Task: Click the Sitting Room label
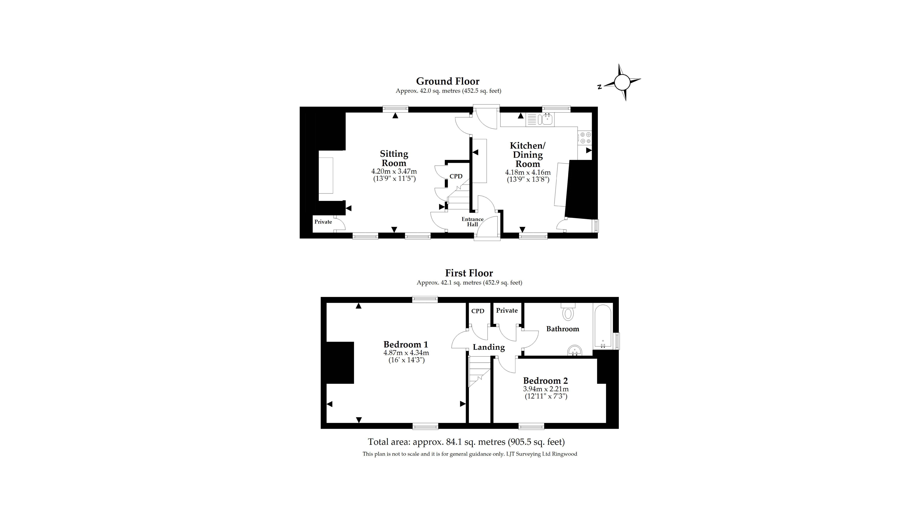[x=394, y=158]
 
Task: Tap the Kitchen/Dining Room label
[x=528, y=155]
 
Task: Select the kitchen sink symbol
[x=547, y=119]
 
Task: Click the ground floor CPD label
[x=456, y=176]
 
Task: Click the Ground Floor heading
[x=448, y=81]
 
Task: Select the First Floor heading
[x=469, y=273]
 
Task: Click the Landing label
[x=489, y=347]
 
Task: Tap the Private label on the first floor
[x=507, y=310]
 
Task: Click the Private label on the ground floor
[x=323, y=222]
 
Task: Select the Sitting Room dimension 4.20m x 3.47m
[x=394, y=172]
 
